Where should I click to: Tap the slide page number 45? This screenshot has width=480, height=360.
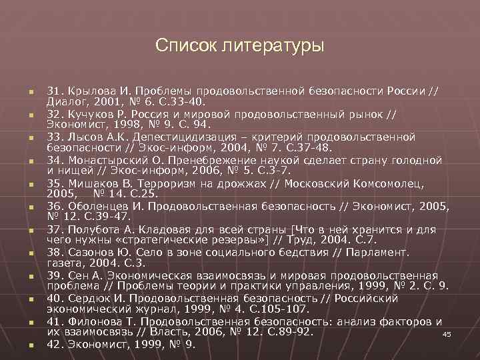[447, 334]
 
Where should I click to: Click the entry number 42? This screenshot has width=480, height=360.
[56, 345]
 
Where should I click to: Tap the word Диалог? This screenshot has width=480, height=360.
[66, 101]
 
